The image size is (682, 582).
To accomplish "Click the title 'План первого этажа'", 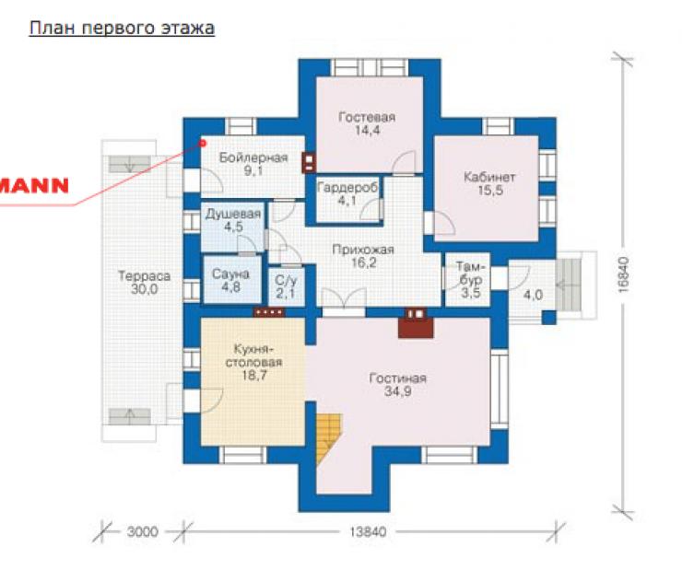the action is [x=122, y=28].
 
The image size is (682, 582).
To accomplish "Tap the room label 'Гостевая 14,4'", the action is [x=367, y=123].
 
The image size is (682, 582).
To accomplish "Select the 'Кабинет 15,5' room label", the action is [x=489, y=183].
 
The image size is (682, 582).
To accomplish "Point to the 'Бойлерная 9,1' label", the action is [x=253, y=164].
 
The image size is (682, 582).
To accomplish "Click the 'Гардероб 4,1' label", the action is [x=347, y=194].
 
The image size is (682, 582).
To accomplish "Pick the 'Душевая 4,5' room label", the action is [x=233, y=220].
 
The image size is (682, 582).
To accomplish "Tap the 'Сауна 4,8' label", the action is [x=230, y=280].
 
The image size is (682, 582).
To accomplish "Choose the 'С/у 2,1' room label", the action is [x=286, y=287].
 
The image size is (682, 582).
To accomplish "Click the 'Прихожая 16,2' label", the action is [x=363, y=256].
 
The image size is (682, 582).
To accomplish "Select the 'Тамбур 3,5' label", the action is [x=471, y=279].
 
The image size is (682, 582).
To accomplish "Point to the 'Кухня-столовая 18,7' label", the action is [x=254, y=362].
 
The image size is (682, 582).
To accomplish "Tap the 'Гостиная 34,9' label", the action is [x=397, y=385].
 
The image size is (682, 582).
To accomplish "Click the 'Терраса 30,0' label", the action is [x=144, y=283].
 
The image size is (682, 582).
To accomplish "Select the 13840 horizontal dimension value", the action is [x=368, y=531].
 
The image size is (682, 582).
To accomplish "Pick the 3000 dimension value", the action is [x=142, y=531].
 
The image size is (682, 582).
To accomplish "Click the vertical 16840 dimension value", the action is [x=623, y=274].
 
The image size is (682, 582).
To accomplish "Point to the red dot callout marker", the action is [x=202, y=143].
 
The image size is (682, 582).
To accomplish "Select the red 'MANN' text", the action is [x=34, y=186].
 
